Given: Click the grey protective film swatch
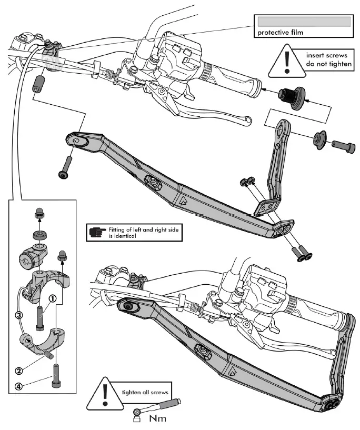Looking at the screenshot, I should pos(303,21).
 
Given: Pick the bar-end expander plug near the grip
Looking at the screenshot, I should pos(292,97).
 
